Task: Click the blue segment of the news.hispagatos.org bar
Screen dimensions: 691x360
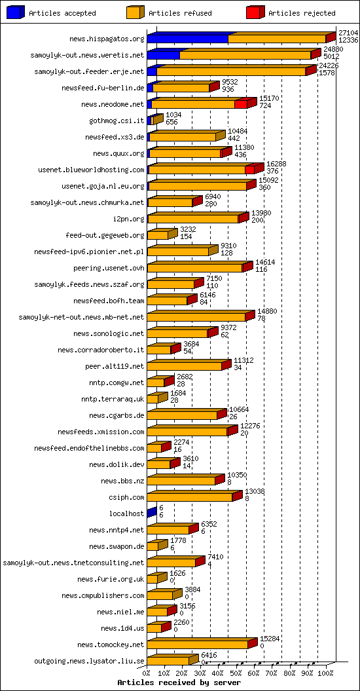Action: [x=187, y=39]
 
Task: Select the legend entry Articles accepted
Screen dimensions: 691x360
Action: [x=62, y=13]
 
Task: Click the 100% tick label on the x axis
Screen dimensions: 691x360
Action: [x=325, y=672]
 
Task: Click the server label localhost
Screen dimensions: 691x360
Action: [x=126, y=514]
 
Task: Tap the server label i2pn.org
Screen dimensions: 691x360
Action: [x=128, y=219]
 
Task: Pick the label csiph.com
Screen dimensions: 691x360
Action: [x=128, y=497]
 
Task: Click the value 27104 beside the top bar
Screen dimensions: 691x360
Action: [x=348, y=32]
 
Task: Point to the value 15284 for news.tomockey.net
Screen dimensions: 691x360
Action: [x=270, y=638]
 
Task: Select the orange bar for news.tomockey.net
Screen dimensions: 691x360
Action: [x=197, y=644]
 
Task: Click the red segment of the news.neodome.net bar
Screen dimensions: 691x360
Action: [x=241, y=104]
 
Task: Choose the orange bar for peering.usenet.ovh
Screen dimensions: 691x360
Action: [x=194, y=268]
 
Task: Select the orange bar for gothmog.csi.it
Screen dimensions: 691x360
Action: [x=154, y=120]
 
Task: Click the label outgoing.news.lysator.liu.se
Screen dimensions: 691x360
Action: [x=89, y=661]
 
